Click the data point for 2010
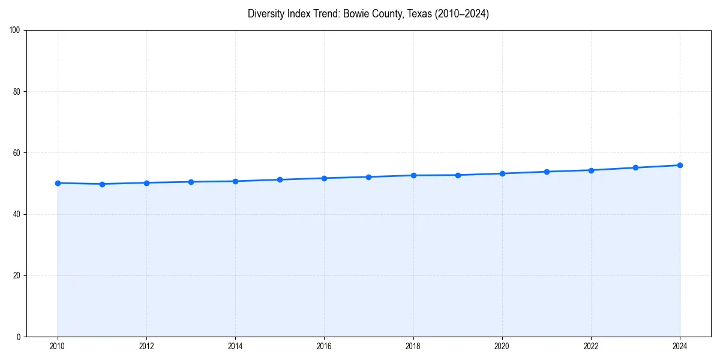[x=58, y=183]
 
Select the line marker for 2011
[x=102, y=184]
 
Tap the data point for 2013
[x=191, y=182]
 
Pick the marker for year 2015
[x=280, y=179]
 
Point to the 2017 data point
[x=368, y=177]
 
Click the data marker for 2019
[x=458, y=175]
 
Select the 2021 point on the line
[x=547, y=172]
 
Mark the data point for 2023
[x=635, y=167]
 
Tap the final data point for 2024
[x=680, y=165]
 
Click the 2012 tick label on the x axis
[x=146, y=346]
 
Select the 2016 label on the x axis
[x=324, y=346]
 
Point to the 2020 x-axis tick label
[x=502, y=346]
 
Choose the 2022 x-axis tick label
[x=591, y=346]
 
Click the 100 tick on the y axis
[x=15, y=31]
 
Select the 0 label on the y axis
[x=19, y=337]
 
